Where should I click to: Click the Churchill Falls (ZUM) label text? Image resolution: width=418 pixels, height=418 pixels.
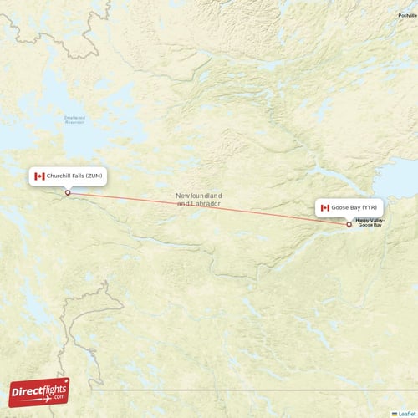tap(75, 176)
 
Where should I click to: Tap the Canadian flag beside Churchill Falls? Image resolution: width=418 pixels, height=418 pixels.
tap(39, 176)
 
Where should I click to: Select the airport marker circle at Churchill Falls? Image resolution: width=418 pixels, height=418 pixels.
tap(68, 193)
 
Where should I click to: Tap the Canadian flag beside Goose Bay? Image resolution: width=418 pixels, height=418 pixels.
tap(325, 207)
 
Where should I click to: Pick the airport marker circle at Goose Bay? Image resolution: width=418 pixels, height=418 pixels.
tap(349, 224)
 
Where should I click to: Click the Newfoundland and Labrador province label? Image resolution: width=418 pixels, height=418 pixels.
tap(198, 200)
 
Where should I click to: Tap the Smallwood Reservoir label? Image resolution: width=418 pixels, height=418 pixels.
tap(75, 119)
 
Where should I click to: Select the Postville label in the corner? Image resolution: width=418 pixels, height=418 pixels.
tap(408, 16)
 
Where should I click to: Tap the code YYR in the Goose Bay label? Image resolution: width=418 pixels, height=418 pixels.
tap(370, 207)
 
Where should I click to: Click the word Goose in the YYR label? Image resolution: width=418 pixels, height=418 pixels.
tap(340, 207)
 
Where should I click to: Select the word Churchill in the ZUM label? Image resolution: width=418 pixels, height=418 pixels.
tap(59, 176)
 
